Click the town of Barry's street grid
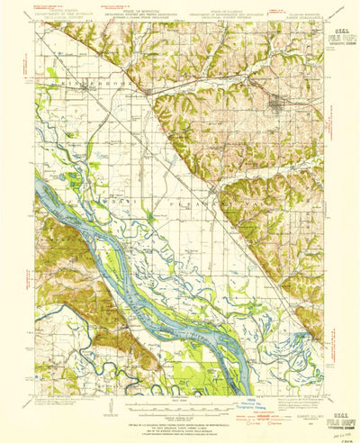point(274,101)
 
